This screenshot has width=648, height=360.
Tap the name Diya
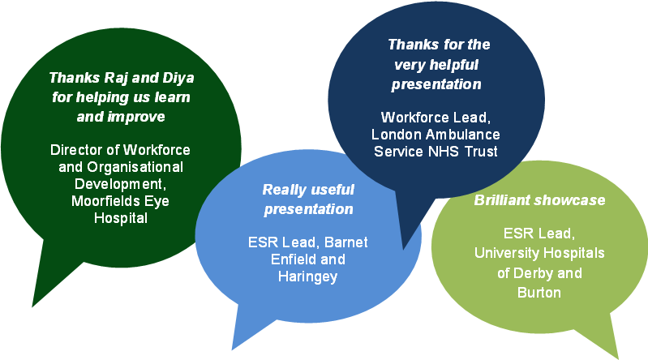pyautogui.click(x=178, y=78)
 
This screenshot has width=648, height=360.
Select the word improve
pyautogui.click(x=136, y=118)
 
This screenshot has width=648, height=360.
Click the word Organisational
pyautogui.click(x=135, y=167)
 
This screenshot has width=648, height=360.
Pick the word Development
pyautogui.click(x=120, y=184)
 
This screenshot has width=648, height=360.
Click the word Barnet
pyautogui.click(x=346, y=242)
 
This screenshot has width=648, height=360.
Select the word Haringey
pyautogui.click(x=308, y=277)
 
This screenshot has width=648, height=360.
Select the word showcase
pyautogui.click(x=569, y=200)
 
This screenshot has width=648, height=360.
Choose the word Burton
pyautogui.click(x=539, y=293)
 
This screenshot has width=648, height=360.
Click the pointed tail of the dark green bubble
pyautogui.click(x=32, y=306)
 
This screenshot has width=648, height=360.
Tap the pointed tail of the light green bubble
pyautogui.click(x=618, y=358)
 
